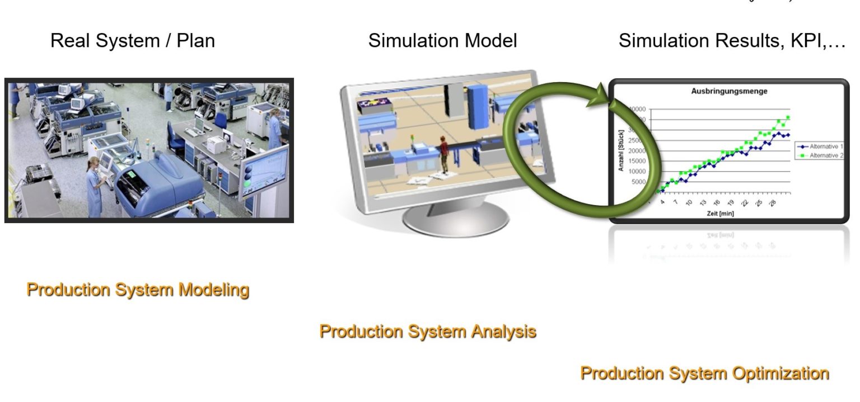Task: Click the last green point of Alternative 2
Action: tap(788, 117)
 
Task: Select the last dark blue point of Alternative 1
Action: tap(788, 135)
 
